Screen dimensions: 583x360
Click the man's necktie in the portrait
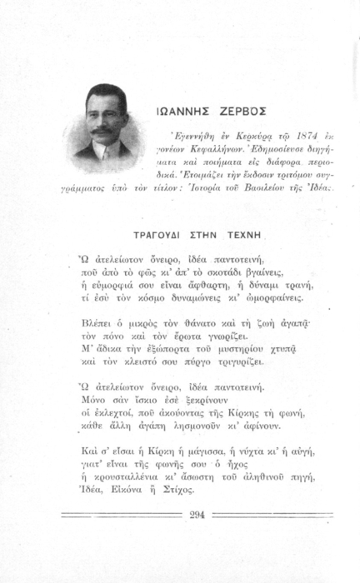pyautogui.click(x=100, y=154)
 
